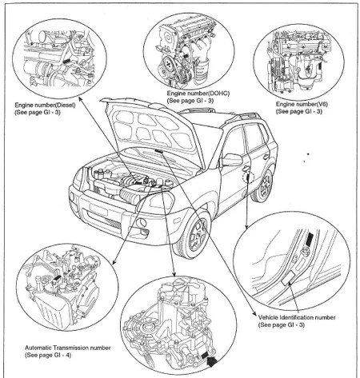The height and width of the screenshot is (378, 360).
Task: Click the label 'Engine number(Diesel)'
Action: [x=50, y=104]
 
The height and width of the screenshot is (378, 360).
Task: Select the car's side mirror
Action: [x=232, y=160]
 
